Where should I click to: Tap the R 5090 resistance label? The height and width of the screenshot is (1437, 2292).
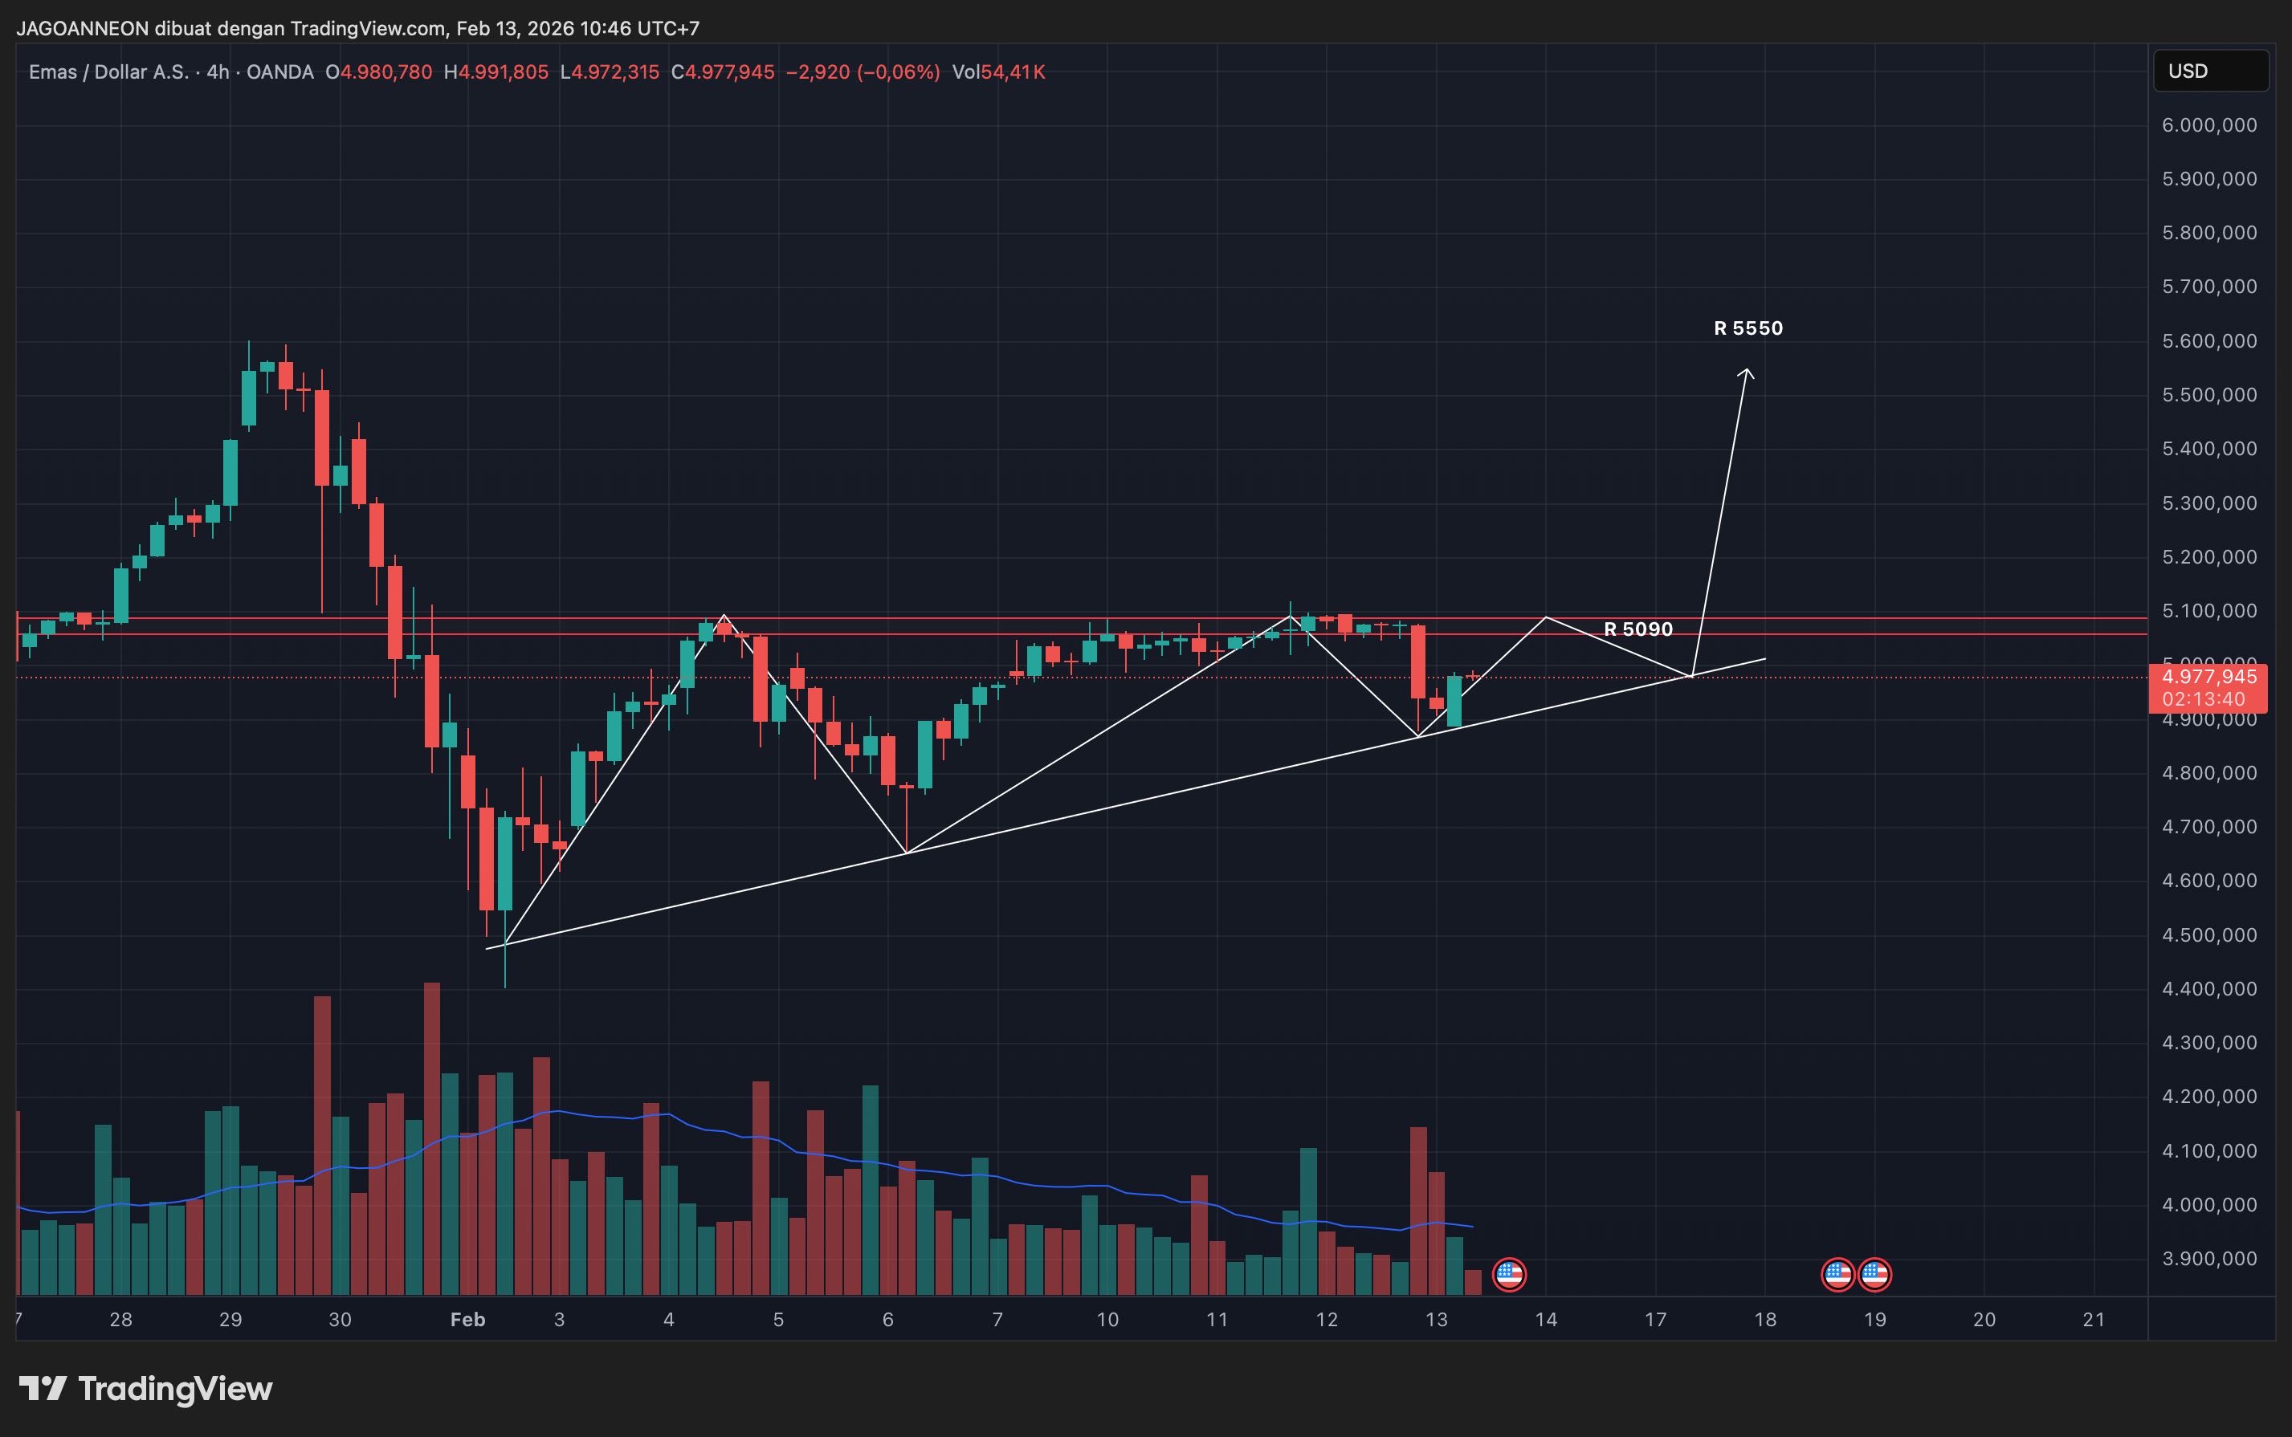1638,629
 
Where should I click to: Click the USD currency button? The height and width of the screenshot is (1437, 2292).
2209,71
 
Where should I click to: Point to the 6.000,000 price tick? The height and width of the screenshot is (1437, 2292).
2208,125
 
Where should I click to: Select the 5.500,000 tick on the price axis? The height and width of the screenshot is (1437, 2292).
2208,395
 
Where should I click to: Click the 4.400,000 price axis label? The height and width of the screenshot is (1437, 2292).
2208,989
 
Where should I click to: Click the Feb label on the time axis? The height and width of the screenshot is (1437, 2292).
467,1320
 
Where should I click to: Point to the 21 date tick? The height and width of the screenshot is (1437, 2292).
2094,1320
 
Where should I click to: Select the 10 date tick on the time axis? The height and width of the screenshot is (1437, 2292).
1107,1320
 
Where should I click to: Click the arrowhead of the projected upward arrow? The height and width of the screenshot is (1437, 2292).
1747,372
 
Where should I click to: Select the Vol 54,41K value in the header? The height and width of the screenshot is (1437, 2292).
998,72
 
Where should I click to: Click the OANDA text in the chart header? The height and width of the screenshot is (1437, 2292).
279,72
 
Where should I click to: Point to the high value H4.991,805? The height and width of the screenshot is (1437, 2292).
496,72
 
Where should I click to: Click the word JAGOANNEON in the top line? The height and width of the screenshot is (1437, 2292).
83,29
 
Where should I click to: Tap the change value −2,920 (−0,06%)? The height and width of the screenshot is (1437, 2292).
863,72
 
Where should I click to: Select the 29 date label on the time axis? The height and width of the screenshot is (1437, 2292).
230,1320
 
